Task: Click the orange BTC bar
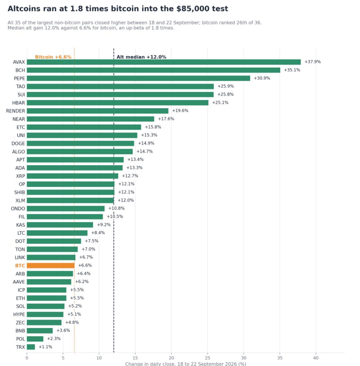pyautogui.click(x=51, y=266)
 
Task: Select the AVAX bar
pyautogui.click(x=164, y=62)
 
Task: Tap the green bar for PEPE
pyautogui.click(x=138, y=78)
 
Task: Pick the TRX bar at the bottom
pyautogui.click(x=31, y=347)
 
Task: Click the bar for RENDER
pyautogui.click(x=97, y=111)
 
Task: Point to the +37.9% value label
pyautogui.click(x=312, y=62)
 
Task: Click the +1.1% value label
pyautogui.click(x=45, y=347)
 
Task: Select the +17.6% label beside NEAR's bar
pyautogui.click(x=166, y=119)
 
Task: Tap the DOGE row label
pyautogui.click(x=18, y=144)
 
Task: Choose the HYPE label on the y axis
pyautogui.click(x=19, y=315)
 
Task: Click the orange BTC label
pyautogui.click(x=20, y=266)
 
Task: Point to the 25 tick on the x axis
pyautogui.click(x=207, y=358)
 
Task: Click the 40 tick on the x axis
pyautogui.click(x=316, y=358)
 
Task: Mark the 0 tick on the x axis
pyautogui.click(x=27, y=358)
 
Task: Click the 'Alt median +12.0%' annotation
pyautogui.click(x=141, y=57)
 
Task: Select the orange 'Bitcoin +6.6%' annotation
pyautogui.click(x=53, y=57)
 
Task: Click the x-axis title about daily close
pyautogui.click(x=186, y=364)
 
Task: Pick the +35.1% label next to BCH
pyautogui.click(x=292, y=70)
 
